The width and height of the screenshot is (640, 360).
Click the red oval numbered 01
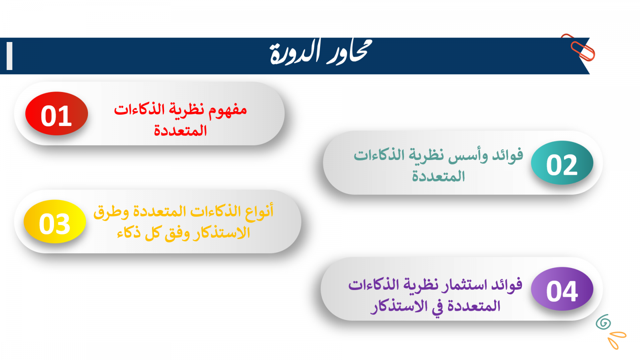coord(56,114)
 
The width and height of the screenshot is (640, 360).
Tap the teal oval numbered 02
coord(562,162)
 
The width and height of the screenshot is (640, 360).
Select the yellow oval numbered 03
coord(55,222)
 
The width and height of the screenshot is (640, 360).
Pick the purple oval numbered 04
coord(562,289)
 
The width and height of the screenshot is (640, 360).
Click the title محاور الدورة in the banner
coord(320,52)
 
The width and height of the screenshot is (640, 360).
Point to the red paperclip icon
coord(579,48)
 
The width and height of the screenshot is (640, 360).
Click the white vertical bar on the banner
coord(10,56)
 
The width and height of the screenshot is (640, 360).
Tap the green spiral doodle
coord(603,322)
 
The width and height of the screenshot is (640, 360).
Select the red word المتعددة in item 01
coord(180,131)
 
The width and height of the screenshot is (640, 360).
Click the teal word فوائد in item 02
coord(508,156)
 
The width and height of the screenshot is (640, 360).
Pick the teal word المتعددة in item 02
coord(438,176)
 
